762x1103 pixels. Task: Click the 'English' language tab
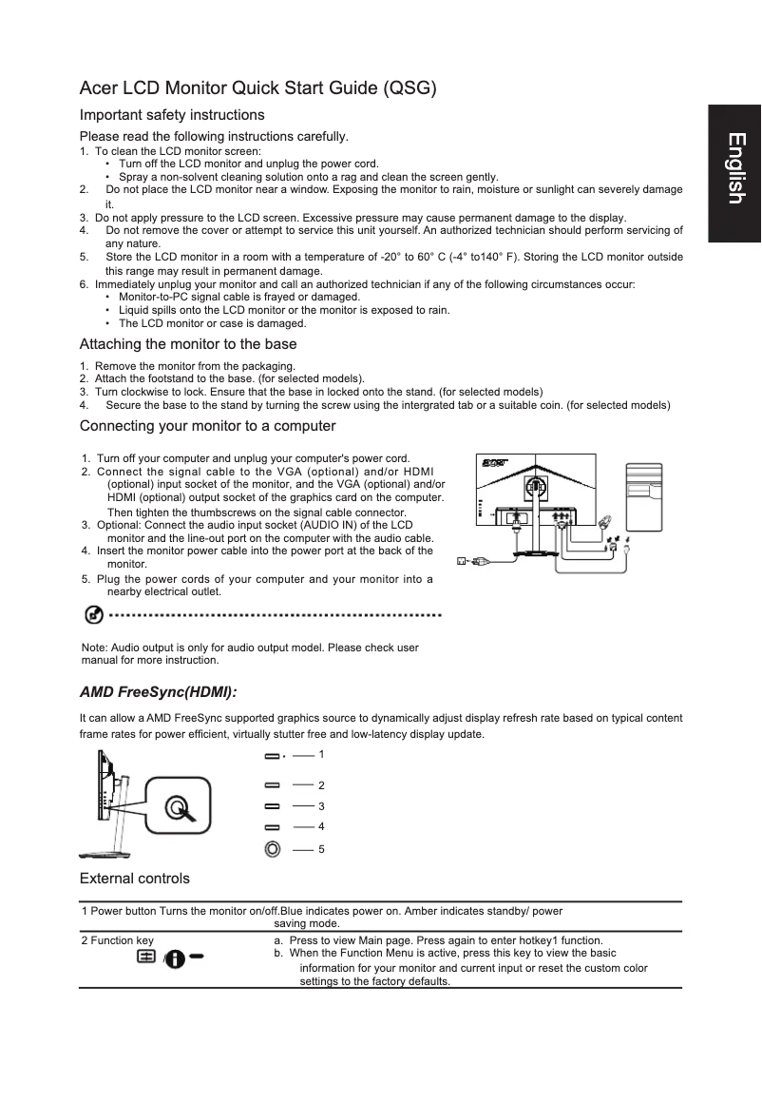[x=733, y=168]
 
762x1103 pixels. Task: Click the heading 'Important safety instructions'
[x=172, y=115]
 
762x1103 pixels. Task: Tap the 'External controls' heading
[x=134, y=878]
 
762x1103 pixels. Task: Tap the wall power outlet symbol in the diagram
[x=463, y=561]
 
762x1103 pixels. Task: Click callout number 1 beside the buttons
[x=321, y=754]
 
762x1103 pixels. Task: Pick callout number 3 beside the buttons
[x=321, y=806]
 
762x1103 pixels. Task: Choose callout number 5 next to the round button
[x=321, y=848]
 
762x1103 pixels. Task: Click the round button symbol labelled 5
[x=273, y=847]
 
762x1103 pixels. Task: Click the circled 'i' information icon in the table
[x=177, y=958]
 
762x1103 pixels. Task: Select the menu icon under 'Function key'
[x=147, y=957]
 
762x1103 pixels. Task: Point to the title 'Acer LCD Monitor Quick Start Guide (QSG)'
[x=257, y=89]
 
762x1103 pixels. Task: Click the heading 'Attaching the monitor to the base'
[x=188, y=344]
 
